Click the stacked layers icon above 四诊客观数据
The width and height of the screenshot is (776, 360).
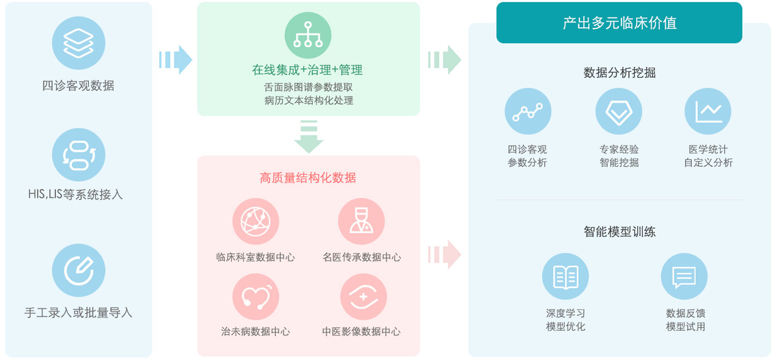pyautogui.click(x=79, y=43)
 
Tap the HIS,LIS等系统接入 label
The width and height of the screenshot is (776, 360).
pyautogui.click(x=75, y=194)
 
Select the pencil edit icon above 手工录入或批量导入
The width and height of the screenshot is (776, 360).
pyautogui.click(x=79, y=270)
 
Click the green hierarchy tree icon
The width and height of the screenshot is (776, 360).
pyautogui.click(x=308, y=35)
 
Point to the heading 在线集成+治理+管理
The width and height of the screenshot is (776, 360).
pyautogui.click(x=307, y=70)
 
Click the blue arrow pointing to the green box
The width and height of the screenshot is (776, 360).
pyautogui.click(x=175, y=60)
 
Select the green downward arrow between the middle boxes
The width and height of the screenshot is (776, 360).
pyautogui.click(x=309, y=137)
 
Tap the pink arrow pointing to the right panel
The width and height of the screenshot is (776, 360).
pyautogui.click(x=444, y=255)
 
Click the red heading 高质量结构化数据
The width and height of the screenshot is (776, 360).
pyautogui.click(x=308, y=178)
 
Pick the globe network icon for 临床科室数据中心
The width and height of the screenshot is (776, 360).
pyautogui.click(x=256, y=221)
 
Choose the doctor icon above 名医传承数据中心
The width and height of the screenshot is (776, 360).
pyautogui.click(x=361, y=221)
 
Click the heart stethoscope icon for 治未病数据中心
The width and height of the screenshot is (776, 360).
pyautogui.click(x=256, y=296)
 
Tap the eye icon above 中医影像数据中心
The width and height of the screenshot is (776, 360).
pyautogui.click(x=363, y=296)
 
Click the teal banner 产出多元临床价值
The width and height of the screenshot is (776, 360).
pyautogui.click(x=619, y=23)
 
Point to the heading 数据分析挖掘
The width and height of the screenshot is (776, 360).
pyautogui.click(x=619, y=72)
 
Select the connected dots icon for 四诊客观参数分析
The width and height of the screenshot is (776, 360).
pyautogui.click(x=528, y=111)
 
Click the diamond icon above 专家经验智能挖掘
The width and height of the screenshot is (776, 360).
pyautogui.click(x=619, y=111)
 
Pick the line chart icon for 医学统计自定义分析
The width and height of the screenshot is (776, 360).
pyautogui.click(x=708, y=111)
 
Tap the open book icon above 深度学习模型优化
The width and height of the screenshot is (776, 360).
pyautogui.click(x=565, y=276)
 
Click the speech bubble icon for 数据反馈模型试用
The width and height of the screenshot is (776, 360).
pyautogui.click(x=684, y=276)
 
